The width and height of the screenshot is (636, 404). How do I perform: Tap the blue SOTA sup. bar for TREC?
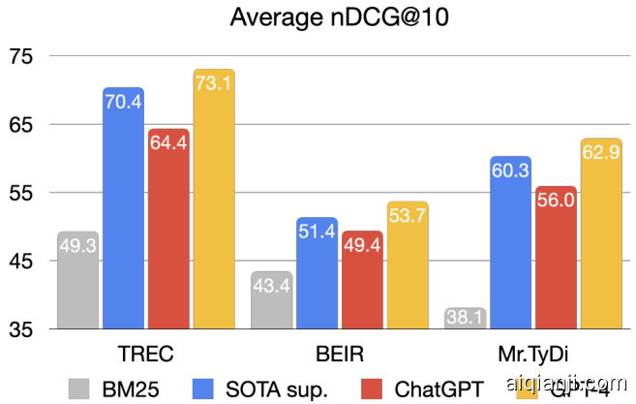click(123, 208)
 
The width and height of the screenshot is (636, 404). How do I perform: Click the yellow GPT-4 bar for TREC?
click(214, 200)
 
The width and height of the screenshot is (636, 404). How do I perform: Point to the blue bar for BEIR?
click(317, 273)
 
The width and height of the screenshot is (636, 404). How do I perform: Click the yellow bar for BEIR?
click(408, 265)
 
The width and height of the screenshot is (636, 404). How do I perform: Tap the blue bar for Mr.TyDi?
click(510, 242)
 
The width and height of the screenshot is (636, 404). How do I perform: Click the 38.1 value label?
click(465, 317)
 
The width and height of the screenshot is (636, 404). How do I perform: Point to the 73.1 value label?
click(214, 84)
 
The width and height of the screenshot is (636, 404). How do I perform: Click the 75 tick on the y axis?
click(21, 56)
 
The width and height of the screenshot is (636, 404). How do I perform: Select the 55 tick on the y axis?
click(21, 193)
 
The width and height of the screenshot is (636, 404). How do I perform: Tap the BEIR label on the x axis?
click(339, 351)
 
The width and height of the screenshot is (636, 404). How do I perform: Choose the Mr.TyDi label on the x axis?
click(532, 351)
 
